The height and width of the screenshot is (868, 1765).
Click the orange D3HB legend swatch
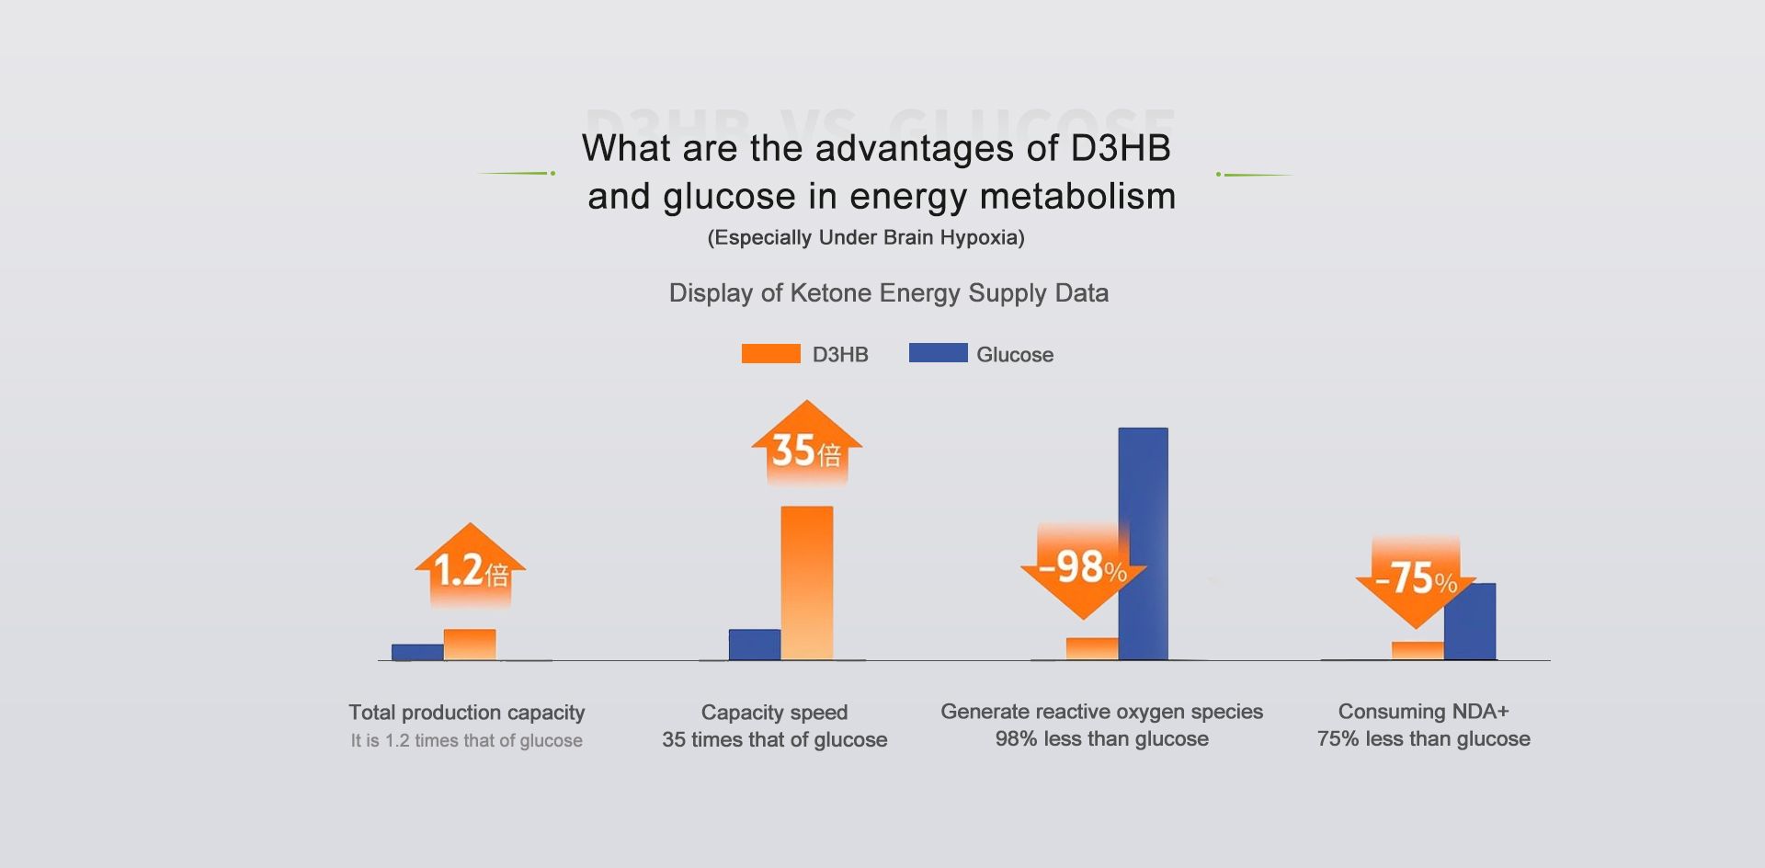[770, 354]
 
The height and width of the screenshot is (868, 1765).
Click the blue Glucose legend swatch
[938, 353]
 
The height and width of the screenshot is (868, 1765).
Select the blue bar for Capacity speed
[754, 645]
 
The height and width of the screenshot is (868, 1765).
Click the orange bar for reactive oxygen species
[1091, 648]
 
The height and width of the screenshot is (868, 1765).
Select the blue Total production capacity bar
[417, 652]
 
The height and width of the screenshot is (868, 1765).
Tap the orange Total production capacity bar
[470, 645]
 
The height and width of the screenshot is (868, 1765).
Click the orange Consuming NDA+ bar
[1418, 650]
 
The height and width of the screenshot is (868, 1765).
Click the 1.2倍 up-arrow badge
[470, 566]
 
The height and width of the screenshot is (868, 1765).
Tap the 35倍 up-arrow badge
[806, 445]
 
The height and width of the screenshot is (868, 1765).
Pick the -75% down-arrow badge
[1415, 580]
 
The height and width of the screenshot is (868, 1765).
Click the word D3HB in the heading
[1121, 148]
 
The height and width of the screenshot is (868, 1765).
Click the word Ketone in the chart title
[830, 293]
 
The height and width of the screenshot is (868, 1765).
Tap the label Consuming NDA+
[1423, 712]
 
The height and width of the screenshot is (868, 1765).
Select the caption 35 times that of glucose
[774, 739]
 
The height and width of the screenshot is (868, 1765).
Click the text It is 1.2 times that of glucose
[466, 740]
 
